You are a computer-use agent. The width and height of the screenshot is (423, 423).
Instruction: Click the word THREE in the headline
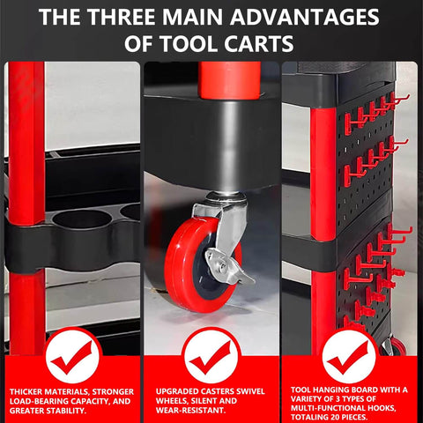pos(122,17)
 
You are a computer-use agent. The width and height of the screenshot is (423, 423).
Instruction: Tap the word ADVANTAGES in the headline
pos(305,17)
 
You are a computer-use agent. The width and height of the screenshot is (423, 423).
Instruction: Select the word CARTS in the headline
pos(259,44)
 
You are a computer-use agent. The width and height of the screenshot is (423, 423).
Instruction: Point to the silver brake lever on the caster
pos(226,266)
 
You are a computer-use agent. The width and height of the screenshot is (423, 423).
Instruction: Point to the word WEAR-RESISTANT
pos(190,410)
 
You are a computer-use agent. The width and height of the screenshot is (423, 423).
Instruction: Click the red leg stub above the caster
pos(229,80)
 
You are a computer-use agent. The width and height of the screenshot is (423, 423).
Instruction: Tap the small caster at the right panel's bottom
pos(393,346)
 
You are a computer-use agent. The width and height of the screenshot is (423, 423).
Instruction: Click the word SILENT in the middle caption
pos(202,401)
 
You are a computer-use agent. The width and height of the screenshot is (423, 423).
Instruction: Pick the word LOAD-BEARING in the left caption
pos(40,401)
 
